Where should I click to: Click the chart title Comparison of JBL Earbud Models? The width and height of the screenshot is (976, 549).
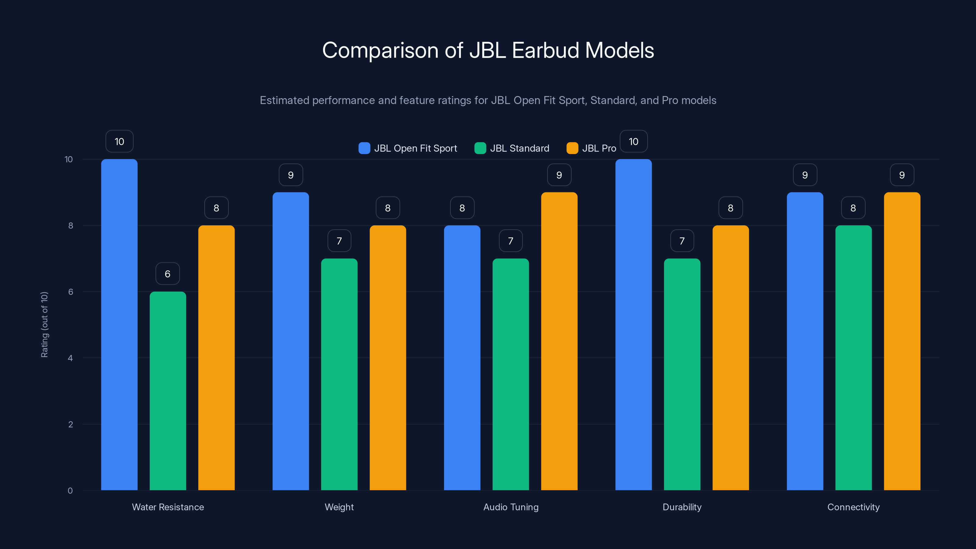pyautogui.click(x=488, y=50)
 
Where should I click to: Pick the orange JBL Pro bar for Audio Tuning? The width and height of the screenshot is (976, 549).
pyautogui.click(x=559, y=341)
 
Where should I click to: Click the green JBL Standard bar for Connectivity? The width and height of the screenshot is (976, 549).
pyautogui.click(x=853, y=358)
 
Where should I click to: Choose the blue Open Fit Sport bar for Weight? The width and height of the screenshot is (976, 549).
pyautogui.click(x=291, y=341)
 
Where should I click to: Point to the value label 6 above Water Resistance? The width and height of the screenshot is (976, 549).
pyautogui.click(x=167, y=274)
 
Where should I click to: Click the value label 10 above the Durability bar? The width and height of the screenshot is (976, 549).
pyautogui.click(x=633, y=141)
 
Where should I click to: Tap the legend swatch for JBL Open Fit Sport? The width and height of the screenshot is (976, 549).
pyautogui.click(x=364, y=148)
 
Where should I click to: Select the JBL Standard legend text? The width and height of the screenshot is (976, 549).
pyautogui.click(x=519, y=148)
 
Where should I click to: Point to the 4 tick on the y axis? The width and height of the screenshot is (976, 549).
pyautogui.click(x=70, y=358)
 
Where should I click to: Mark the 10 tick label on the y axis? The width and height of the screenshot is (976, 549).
pyautogui.click(x=69, y=159)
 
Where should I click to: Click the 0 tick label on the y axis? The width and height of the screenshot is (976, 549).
pyautogui.click(x=70, y=491)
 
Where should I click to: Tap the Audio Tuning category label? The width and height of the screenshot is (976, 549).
pyautogui.click(x=511, y=507)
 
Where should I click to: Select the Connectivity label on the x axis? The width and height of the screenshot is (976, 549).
pyautogui.click(x=853, y=507)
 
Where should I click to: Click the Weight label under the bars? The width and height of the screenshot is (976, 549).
pyautogui.click(x=339, y=507)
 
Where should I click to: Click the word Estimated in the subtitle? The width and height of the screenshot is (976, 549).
pyautogui.click(x=284, y=100)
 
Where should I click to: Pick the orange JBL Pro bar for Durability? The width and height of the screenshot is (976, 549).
pyautogui.click(x=730, y=358)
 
